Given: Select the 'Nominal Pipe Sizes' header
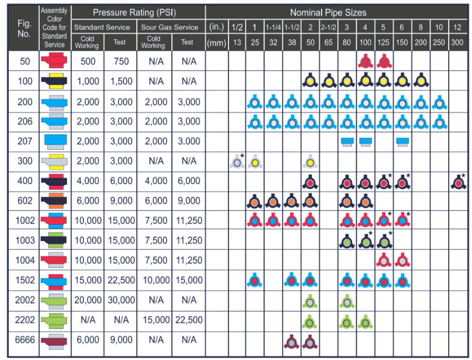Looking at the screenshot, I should (x=337, y=12).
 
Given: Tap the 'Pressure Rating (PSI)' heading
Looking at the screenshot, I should (x=138, y=12).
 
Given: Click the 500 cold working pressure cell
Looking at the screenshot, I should (x=87, y=61).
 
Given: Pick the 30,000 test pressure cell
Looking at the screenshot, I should (x=121, y=301).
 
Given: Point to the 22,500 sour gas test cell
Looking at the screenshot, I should (x=188, y=320).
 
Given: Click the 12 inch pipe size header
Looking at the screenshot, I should (x=457, y=27).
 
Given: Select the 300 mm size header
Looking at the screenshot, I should (x=457, y=43).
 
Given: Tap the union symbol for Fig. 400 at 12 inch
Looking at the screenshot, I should (x=457, y=182).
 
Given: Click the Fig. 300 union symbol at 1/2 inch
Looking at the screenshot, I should (x=237, y=161).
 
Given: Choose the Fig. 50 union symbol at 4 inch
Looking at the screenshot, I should (x=365, y=61).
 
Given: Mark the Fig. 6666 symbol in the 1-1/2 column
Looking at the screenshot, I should (x=291, y=341).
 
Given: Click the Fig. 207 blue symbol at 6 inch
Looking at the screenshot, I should (x=402, y=142).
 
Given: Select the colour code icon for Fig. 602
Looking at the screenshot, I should (x=56, y=202).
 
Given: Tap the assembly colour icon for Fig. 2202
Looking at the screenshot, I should (x=56, y=320).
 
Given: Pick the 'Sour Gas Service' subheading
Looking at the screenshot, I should (x=171, y=27).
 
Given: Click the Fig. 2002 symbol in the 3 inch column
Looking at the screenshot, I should (x=347, y=302).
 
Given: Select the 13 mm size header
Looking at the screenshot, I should (x=237, y=43).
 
